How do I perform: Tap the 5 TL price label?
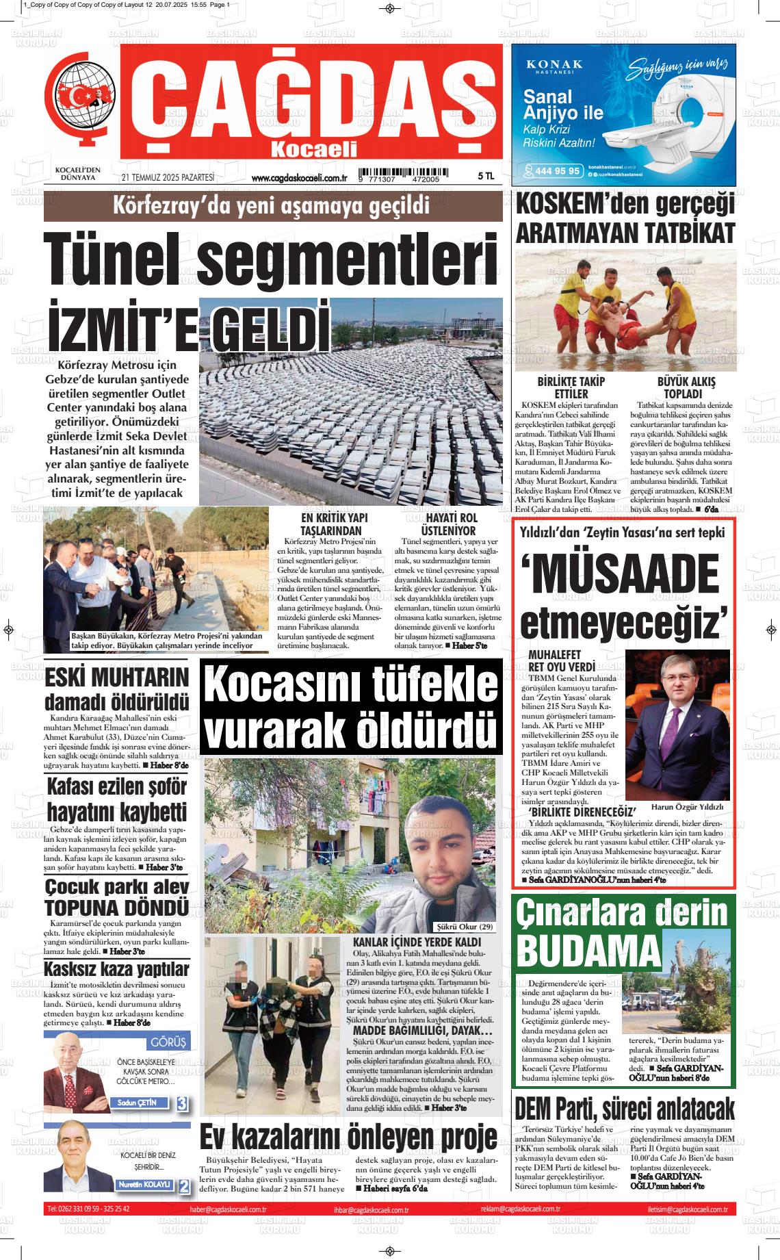coord(486,176)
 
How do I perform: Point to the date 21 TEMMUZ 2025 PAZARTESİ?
coord(168,177)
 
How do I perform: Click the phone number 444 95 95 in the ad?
coord(553,171)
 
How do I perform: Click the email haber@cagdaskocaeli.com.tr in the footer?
coord(228,1210)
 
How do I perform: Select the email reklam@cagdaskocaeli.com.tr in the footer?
coord(520,1210)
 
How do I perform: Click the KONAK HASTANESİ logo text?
coord(554,65)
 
